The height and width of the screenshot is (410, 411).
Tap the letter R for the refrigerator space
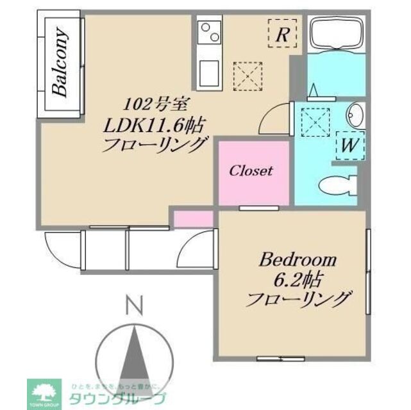281,35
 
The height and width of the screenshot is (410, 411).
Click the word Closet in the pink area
251,171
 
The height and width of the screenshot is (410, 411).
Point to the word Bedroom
298,260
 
